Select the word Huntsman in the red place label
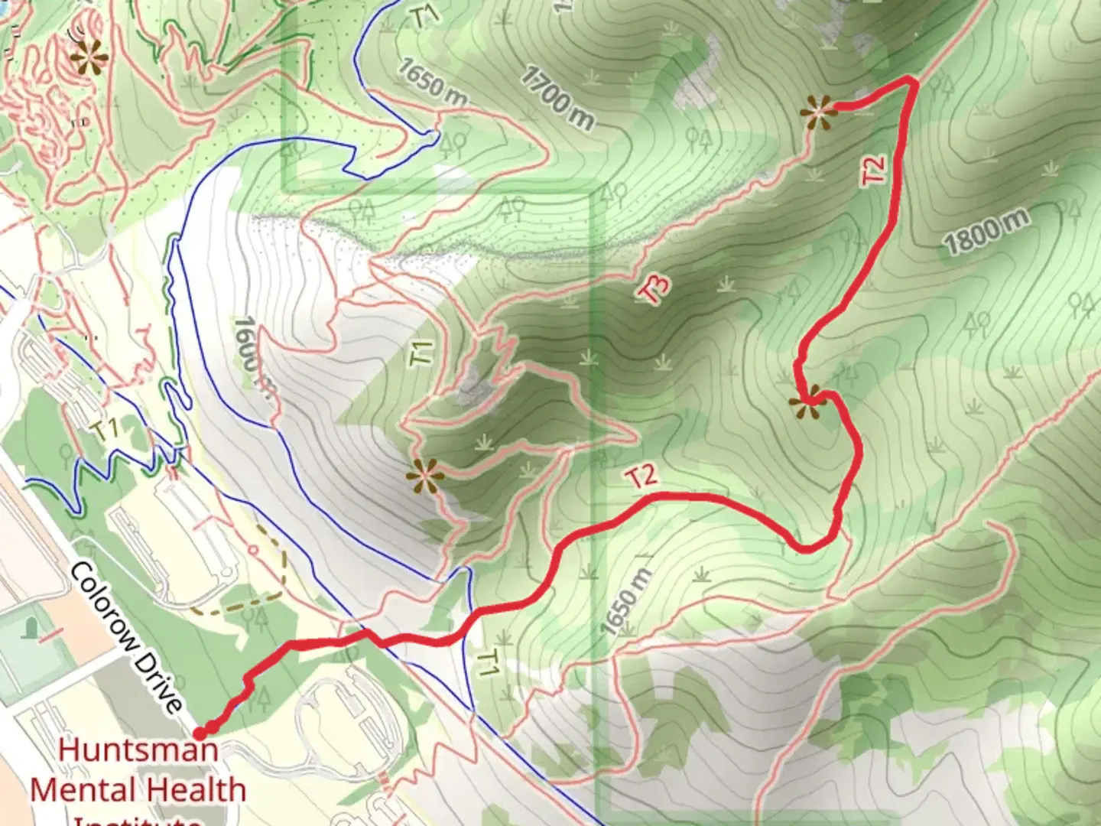tap(138, 749)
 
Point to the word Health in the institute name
tap(194, 789)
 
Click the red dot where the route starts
tap(200, 733)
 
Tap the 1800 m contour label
tap(986, 231)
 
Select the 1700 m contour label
tap(557, 97)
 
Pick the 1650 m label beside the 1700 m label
tap(431, 80)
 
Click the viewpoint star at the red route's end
tap(818, 112)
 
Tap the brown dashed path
tap(271, 581)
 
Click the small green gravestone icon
tap(32, 628)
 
